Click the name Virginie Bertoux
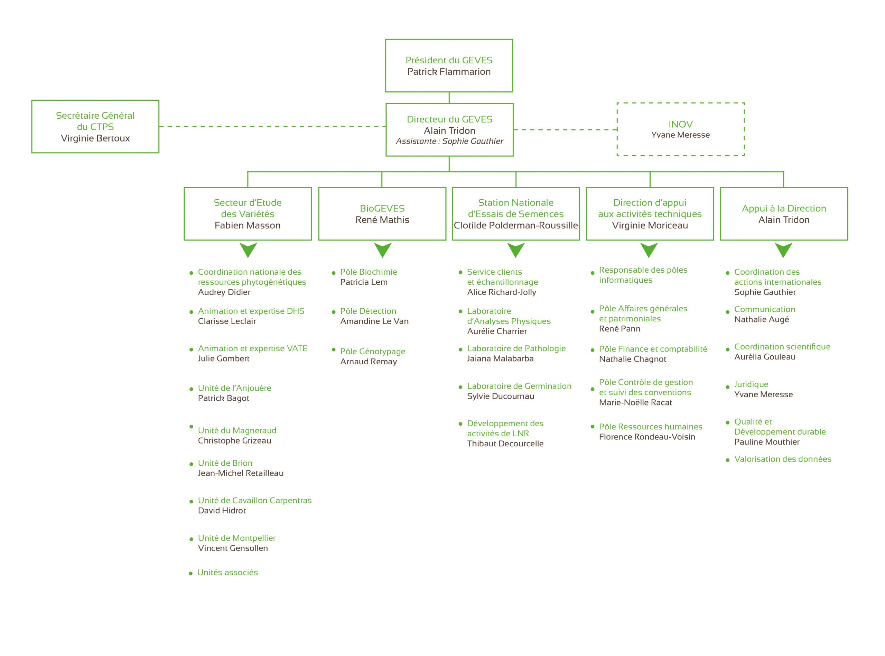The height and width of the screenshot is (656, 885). tap(95, 138)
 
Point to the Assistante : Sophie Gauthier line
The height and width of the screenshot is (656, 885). tap(449, 141)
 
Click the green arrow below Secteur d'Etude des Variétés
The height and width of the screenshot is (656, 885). tap(248, 250)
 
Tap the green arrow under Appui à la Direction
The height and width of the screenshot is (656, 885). tap(783, 250)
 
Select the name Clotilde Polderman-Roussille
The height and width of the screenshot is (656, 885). tap(516, 225)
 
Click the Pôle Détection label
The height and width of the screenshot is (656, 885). tap(368, 311)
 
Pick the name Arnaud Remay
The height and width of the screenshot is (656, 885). tap(369, 361)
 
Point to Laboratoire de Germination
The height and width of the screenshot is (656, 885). tap(519, 386)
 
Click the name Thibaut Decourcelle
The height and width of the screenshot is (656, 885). tap(505, 444)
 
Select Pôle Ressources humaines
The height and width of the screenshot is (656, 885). tap(651, 427)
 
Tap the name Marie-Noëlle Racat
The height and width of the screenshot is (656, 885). tap(635, 402)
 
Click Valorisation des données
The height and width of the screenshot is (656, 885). tap(783, 459)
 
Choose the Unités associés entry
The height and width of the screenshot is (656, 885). tap(227, 572)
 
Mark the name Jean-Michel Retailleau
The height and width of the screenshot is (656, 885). tap(241, 473)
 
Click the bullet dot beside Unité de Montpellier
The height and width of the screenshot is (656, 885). tap(191, 539)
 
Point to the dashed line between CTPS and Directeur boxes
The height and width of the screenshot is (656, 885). tap(272, 127)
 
